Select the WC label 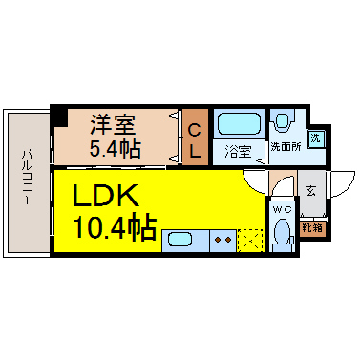click(x=282, y=207)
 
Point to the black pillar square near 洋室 click(x=58, y=116)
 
